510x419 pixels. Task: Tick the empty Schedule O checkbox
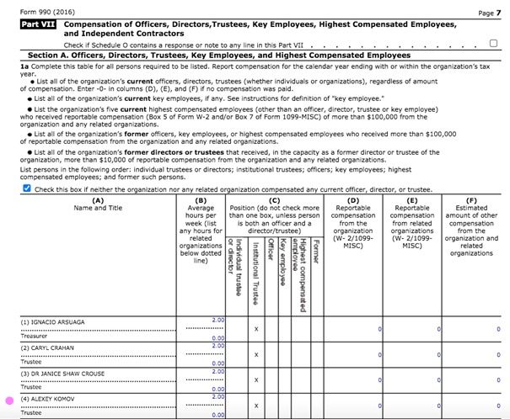pos(493,43)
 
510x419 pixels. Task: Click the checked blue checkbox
pos(25,189)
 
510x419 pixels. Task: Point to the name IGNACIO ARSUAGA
pos(52,321)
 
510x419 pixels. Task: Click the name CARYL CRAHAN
pos(49,347)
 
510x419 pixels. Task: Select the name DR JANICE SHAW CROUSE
pos(62,373)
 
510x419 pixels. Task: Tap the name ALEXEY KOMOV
pos(48,398)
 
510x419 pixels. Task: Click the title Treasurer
pos(35,335)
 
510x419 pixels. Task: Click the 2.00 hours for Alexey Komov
pos(218,396)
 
